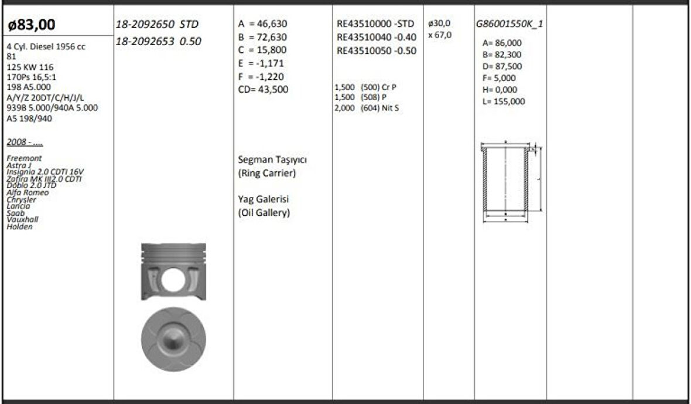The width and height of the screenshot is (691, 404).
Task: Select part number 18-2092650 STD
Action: tap(158, 24)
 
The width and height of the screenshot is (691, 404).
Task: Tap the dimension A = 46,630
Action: tap(264, 24)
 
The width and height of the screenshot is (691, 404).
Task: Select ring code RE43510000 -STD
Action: tap(375, 24)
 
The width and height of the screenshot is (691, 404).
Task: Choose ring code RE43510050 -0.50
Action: tap(377, 50)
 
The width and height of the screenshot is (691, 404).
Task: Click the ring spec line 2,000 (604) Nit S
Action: tap(367, 108)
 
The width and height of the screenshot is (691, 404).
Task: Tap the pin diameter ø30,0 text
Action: tap(439, 24)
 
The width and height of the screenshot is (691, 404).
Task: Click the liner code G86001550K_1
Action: tap(509, 24)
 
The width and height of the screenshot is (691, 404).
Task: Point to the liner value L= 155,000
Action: tap(504, 101)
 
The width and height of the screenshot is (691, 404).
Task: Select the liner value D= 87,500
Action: tap(502, 66)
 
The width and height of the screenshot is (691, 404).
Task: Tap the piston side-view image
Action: tap(174, 271)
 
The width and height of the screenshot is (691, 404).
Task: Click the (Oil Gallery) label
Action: tap(264, 213)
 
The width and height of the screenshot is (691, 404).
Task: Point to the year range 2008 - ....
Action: tap(25, 142)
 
